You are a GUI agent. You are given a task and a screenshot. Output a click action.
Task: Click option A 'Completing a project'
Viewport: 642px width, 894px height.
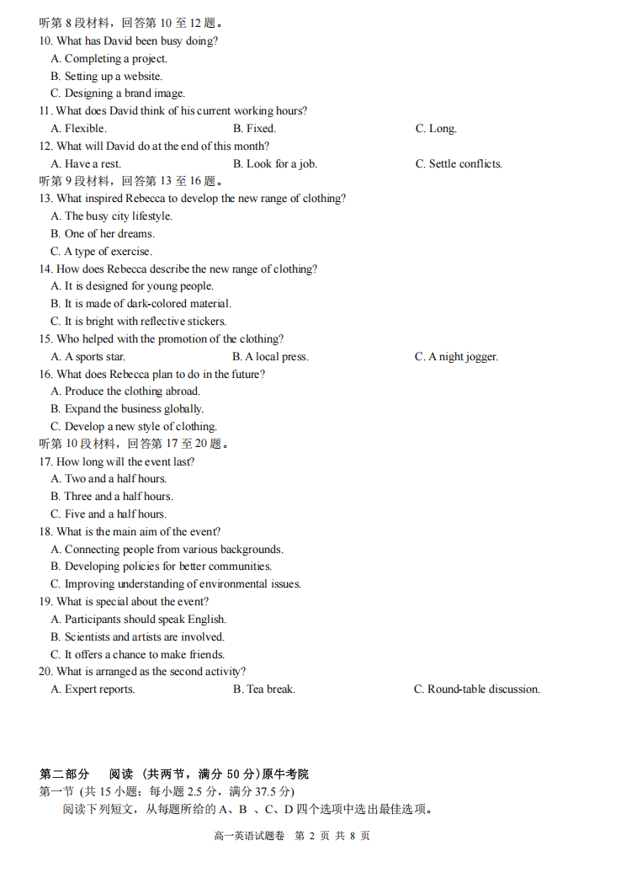(109, 59)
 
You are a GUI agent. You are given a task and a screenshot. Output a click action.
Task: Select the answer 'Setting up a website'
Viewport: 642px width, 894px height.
(107, 77)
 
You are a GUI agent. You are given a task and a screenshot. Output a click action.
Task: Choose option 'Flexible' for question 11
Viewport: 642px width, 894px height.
(78, 129)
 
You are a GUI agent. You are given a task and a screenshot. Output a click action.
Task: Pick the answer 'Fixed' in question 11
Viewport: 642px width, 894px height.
(254, 129)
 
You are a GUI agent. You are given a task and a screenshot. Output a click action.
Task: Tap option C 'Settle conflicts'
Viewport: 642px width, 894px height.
(459, 164)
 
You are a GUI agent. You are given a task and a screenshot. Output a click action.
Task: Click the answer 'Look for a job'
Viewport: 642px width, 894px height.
(275, 164)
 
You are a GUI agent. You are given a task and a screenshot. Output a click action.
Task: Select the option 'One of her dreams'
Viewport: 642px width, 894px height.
(103, 234)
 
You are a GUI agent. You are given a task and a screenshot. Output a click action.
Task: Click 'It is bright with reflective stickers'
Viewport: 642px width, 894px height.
(138, 322)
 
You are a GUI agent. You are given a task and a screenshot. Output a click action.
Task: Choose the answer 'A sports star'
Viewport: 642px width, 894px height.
(88, 357)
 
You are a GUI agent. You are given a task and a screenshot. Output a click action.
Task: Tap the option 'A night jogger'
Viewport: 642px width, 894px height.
(456, 357)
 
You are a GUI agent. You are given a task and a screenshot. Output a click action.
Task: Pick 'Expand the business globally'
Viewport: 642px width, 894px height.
(127, 409)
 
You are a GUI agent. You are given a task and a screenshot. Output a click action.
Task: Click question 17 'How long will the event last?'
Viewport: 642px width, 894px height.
(125, 461)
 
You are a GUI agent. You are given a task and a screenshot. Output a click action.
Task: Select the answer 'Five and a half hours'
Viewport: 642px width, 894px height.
(109, 514)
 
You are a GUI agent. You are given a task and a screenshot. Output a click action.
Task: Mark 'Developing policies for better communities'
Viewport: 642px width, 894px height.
(161, 567)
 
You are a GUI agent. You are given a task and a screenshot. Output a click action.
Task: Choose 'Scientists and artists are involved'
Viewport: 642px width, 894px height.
(137, 637)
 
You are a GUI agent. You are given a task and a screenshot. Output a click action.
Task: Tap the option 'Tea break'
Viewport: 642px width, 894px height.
(264, 689)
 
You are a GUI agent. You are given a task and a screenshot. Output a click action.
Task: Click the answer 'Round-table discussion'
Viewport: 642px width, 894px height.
(477, 689)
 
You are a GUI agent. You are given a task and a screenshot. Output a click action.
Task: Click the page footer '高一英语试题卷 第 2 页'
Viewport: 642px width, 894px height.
(291, 836)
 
